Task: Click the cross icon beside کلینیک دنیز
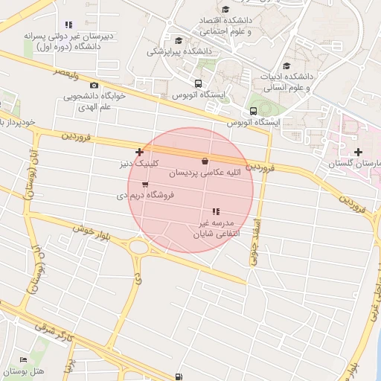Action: [139, 152]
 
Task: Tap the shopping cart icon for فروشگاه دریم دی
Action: [144, 184]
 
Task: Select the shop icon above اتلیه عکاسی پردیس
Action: [205, 161]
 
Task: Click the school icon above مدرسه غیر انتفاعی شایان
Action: [216, 212]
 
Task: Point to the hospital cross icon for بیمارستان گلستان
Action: [359, 153]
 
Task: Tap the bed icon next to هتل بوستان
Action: [22, 360]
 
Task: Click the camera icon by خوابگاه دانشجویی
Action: [94, 86]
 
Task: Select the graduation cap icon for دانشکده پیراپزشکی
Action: [178, 41]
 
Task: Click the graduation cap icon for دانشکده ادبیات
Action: [286, 65]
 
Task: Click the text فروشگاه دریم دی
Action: [145, 195]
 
